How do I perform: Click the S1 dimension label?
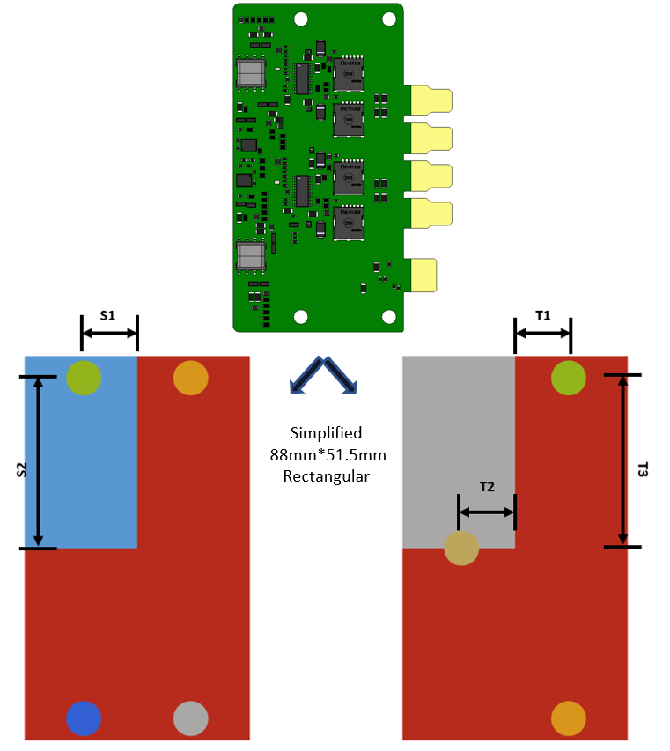tap(108, 314)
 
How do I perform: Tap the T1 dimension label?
tap(542, 314)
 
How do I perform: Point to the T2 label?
tap(486, 486)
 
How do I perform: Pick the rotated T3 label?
tap(642, 470)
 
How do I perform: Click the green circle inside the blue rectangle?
tap(84, 378)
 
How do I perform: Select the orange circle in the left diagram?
tap(190, 378)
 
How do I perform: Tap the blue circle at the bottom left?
tap(84, 718)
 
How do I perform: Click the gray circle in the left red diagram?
tap(190, 718)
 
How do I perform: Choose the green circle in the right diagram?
tap(568, 378)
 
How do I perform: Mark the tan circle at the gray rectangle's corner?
tap(461, 549)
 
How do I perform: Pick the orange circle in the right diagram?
tap(568, 718)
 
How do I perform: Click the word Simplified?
tap(326, 433)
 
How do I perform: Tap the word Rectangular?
tap(326, 476)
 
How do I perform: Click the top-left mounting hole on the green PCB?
tap(301, 18)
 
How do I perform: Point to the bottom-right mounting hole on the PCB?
tap(387, 317)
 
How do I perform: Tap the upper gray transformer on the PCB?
tap(252, 73)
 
